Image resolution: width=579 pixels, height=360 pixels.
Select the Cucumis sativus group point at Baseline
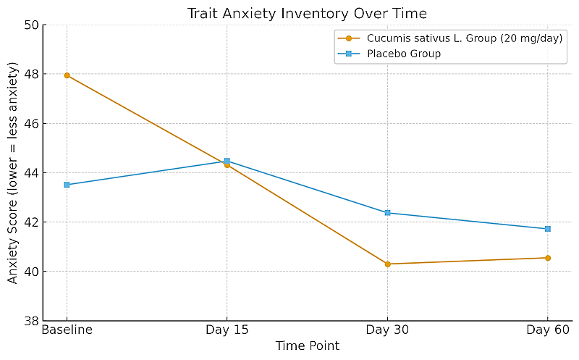(x=67, y=75)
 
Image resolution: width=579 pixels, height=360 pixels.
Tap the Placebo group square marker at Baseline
(x=67, y=185)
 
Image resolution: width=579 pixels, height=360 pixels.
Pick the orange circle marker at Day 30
(x=387, y=264)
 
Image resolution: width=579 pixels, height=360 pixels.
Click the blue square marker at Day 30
(x=387, y=213)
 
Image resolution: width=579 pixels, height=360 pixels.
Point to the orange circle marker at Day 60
(x=548, y=258)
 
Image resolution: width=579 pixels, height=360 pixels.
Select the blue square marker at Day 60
(x=548, y=229)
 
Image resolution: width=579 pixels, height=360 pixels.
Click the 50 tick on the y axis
(x=31, y=25)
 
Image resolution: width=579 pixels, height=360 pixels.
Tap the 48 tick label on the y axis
(x=31, y=75)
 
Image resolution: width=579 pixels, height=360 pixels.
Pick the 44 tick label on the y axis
(x=31, y=173)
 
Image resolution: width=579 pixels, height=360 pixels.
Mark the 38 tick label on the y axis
(x=31, y=321)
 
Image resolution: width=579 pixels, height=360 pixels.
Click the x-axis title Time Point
(x=308, y=346)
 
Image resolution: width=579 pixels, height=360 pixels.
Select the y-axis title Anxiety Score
(x=13, y=172)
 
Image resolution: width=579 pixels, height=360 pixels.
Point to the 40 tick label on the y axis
(x=31, y=272)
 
